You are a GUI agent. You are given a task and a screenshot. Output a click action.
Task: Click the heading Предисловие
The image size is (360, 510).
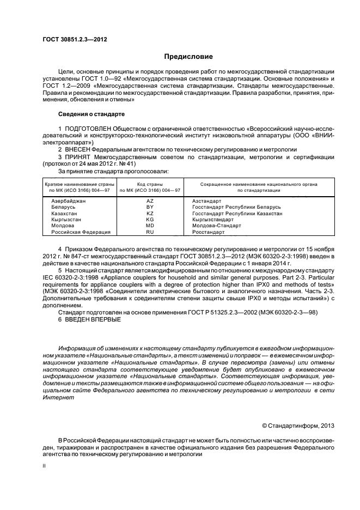tap(188, 57)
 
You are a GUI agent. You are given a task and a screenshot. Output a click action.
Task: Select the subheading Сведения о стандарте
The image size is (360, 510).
tap(91, 114)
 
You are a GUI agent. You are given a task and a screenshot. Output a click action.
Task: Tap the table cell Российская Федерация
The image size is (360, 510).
tap(81, 232)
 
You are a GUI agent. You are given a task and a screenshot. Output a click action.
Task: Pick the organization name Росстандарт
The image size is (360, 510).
tap(208, 232)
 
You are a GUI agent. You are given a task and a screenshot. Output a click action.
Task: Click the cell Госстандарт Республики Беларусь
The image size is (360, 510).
tap(236, 207)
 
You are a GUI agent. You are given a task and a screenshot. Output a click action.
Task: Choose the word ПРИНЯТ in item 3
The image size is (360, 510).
tap(78, 157)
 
